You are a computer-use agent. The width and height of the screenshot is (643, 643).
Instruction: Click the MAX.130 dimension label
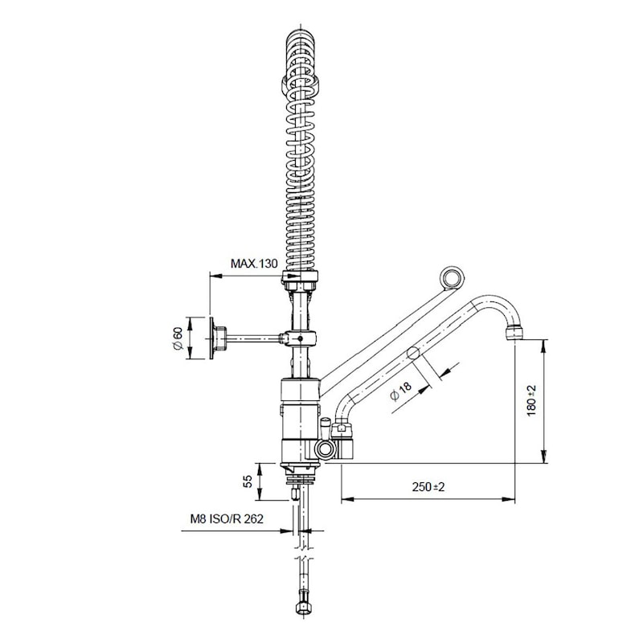pos(254,264)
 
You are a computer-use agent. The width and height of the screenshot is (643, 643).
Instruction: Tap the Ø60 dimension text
pos(178,338)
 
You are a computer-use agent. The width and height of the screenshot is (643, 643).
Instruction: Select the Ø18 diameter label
pos(400,391)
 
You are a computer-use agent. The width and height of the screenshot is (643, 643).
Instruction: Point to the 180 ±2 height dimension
pos(531,400)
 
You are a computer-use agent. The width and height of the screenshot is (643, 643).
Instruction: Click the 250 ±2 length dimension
pos(428,487)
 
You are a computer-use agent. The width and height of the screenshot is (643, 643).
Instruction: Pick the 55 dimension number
pos(248,481)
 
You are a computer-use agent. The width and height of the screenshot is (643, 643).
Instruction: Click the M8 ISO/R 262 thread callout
pos(227,518)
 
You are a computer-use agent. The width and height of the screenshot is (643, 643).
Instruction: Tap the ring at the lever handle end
pos(452,278)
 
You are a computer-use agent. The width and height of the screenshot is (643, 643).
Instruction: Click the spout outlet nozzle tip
pos(514,332)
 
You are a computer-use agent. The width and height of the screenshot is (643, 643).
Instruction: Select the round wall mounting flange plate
pos(211,338)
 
